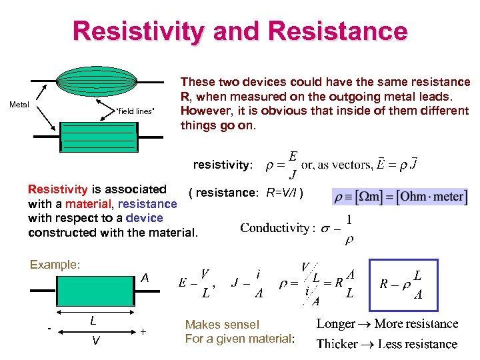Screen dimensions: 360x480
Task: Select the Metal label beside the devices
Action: [19, 104]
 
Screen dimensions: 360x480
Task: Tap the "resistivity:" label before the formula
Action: [223, 164]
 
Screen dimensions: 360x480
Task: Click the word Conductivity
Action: [274, 228]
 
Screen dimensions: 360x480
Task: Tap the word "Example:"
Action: [55, 265]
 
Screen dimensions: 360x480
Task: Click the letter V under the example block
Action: [97, 341]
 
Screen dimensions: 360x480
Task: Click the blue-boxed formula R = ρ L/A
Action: [404, 285]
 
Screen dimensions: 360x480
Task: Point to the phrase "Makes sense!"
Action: [222, 325]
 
